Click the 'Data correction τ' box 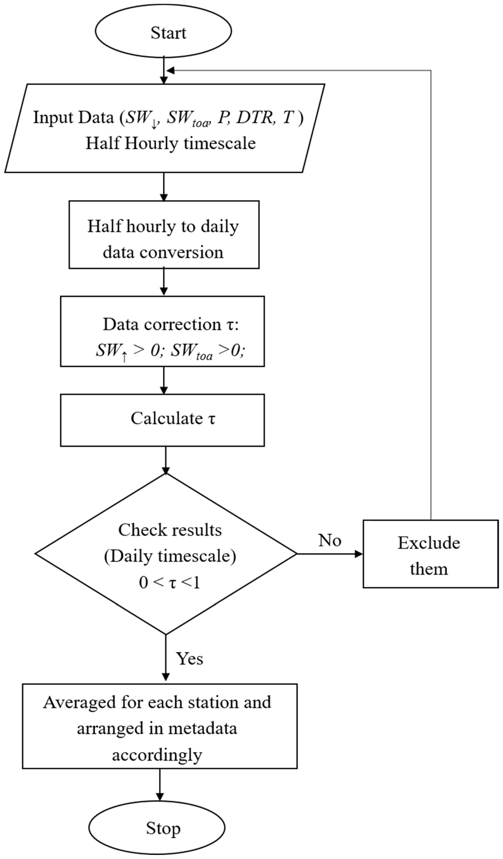162,331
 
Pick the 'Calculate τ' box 162,420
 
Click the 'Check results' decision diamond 166,554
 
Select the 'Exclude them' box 430,554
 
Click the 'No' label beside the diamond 329,540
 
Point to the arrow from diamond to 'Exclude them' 329,554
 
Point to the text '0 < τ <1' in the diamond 169,583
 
